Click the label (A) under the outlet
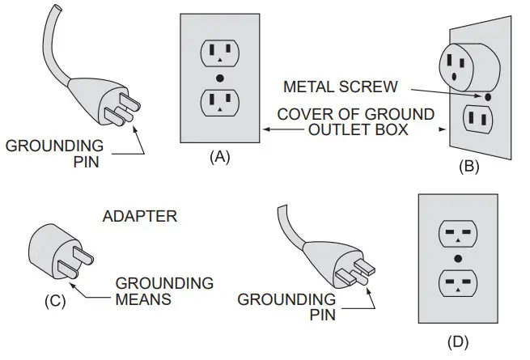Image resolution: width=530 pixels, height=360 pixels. point(219,159)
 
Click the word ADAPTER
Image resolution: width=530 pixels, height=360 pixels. point(140,217)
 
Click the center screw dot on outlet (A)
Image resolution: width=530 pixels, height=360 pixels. point(219,78)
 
